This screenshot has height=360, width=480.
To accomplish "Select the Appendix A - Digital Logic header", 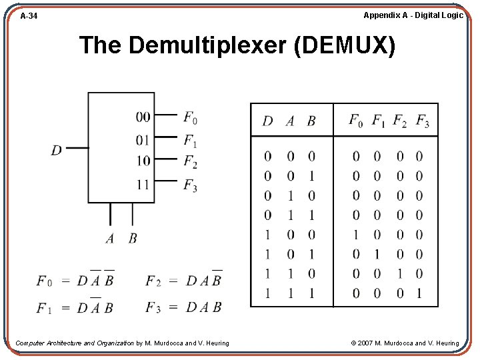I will coord(413,15).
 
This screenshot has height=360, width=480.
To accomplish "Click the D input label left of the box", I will coord(56,150).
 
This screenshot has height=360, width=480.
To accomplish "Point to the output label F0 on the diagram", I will coord(190,118).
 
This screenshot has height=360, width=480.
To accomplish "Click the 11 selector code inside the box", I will coord(143,183).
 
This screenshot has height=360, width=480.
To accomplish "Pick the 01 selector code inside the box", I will coord(143,140).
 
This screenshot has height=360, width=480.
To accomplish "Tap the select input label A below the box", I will coord(110,238).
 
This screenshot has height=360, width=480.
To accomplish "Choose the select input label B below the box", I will coord(132,238).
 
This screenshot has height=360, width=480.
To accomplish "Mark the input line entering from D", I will coord(78,148).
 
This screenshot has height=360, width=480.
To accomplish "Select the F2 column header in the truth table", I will coord(399,121).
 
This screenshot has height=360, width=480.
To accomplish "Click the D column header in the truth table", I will coord(267,121).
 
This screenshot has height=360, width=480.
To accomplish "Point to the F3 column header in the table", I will coord(422,121).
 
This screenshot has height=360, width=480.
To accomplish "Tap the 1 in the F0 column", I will coord(356,235).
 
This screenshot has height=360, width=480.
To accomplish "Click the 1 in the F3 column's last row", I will coord(419,293).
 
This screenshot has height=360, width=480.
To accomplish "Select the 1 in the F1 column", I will coord(377,254).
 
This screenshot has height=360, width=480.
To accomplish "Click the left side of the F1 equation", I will coord(45,308).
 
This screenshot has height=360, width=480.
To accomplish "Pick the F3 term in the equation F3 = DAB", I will coord(153,308).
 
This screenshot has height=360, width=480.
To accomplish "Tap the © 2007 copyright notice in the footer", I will coord(405,343).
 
